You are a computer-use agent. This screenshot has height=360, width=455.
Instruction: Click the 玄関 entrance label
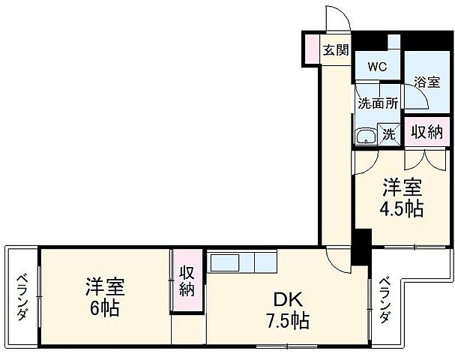click(336, 51)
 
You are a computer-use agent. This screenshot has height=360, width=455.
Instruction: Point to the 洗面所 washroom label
click(377, 104)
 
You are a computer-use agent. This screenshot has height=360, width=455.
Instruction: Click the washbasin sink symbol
click(366, 136)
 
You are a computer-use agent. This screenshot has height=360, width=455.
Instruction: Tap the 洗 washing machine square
click(389, 134)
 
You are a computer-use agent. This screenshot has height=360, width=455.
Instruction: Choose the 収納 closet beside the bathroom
click(427, 133)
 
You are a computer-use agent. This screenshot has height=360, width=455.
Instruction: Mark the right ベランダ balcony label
click(384, 300)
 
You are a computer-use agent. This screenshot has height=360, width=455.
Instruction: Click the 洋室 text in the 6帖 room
click(104, 286)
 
